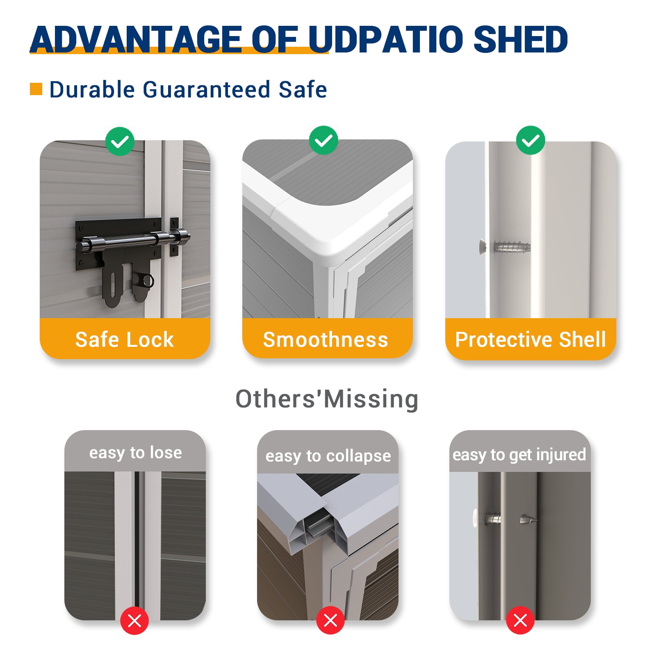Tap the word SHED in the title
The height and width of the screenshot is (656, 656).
(x=521, y=39)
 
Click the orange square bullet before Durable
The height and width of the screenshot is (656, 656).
(x=36, y=89)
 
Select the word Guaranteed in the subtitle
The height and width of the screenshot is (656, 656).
(x=206, y=89)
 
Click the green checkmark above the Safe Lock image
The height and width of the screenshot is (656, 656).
(x=120, y=141)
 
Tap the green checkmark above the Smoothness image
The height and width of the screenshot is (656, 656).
(x=323, y=140)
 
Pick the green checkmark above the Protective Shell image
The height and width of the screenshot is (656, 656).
(x=531, y=140)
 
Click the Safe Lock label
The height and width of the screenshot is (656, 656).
(x=125, y=339)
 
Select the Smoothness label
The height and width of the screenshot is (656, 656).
(x=326, y=339)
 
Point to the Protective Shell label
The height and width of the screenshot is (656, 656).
(x=531, y=339)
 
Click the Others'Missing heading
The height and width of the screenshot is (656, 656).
(x=327, y=399)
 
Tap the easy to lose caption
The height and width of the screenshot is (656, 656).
(x=135, y=453)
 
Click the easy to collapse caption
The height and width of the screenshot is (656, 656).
(x=328, y=456)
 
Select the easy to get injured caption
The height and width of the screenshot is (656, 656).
(x=519, y=455)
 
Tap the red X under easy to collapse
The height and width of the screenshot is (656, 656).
(x=330, y=620)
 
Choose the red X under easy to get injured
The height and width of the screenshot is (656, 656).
(x=520, y=620)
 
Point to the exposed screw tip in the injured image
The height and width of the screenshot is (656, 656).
(x=529, y=520)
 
